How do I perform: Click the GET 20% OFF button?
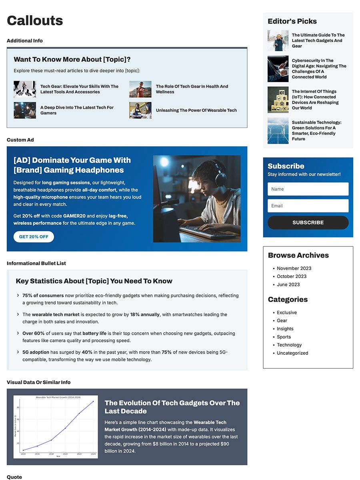point(34,237)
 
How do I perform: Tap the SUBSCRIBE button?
point(308,222)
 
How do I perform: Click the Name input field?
point(308,189)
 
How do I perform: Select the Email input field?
point(308,206)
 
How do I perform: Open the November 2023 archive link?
point(294,268)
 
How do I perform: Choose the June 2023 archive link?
point(288,285)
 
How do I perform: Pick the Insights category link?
point(285,329)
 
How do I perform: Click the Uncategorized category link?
point(292,353)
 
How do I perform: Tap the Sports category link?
point(284,337)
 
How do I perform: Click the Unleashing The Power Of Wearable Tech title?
point(196,110)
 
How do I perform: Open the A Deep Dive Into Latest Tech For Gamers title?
point(77,110)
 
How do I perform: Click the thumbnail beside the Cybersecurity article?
point(278,69)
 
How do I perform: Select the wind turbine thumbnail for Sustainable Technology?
point(278,131)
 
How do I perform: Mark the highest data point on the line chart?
point(93,402)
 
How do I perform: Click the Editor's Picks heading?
point(292,22)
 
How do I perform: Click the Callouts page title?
point(35,20)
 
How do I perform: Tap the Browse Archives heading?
point(298,256)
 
